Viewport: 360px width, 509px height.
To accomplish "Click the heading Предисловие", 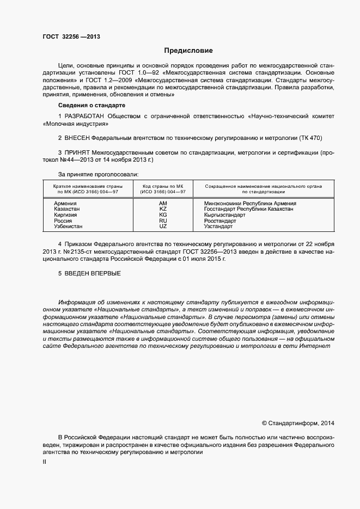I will coord(188,51).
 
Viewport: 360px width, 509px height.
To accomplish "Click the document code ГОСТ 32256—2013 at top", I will coord(71,38).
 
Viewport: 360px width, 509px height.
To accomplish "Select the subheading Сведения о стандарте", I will coord(91,105).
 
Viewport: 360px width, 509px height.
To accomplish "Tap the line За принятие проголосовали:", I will coord(99,174).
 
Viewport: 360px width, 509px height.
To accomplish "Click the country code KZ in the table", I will coord(163,209).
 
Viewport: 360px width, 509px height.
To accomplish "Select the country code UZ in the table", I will coord(163,226).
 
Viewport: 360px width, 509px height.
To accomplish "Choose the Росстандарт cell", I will coord(220,221).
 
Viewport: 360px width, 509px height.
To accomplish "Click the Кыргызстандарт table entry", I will coord(224,215).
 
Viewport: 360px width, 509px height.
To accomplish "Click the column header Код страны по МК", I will coord(163,186).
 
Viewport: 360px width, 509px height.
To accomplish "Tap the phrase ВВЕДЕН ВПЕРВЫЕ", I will coord(89,273).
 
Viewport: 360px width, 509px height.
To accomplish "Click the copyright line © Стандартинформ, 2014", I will coord(298,423).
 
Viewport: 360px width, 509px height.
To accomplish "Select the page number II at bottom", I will coord(45,462).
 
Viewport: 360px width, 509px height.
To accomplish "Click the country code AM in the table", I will coord(163,203).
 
